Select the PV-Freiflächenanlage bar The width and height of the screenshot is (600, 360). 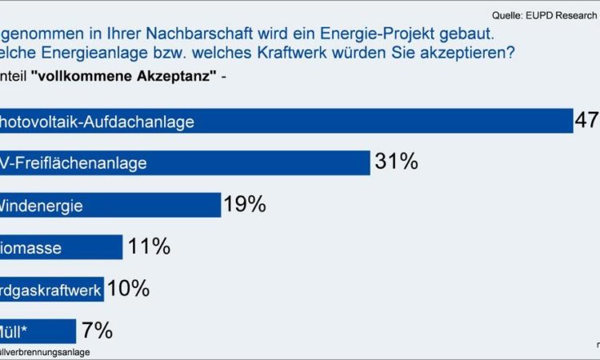185,163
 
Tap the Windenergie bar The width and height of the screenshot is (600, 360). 110,205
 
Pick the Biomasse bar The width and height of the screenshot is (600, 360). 61,247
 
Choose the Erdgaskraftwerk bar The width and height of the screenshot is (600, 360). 51,289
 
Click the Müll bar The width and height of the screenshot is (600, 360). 38,330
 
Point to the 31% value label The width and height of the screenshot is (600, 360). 396,162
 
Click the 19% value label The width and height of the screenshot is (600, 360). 245,205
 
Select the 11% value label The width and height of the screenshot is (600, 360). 149,246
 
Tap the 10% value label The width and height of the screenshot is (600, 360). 128,288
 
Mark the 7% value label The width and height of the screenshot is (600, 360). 96,330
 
